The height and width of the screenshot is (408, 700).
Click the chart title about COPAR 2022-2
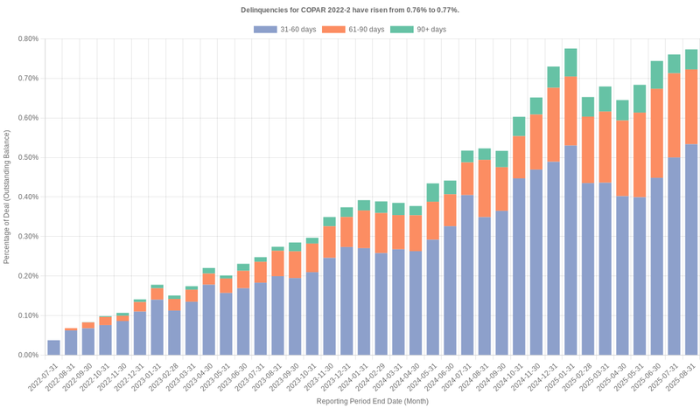pos(350,10)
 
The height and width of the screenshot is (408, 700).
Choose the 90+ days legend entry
pos(417,30)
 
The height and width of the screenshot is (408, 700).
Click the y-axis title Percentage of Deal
pos(7,197)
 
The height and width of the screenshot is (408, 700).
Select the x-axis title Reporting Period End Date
pos(372,401)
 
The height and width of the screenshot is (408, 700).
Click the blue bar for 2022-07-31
pos(53,348)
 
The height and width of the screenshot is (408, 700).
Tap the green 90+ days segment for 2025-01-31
pos(570,62)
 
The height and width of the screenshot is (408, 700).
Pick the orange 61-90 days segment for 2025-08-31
pos(691,107)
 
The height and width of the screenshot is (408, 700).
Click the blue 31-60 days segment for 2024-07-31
pos(467,275)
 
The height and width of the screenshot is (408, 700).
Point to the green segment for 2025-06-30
pos(656,74)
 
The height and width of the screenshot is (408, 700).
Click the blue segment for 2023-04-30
pos(208,320)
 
